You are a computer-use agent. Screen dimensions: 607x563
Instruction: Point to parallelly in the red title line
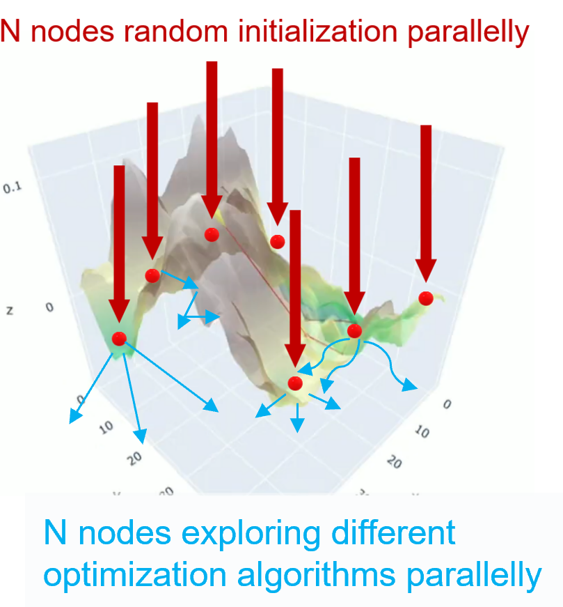tap(463, 32)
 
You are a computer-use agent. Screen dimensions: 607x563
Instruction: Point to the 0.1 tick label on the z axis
tap(13, 187)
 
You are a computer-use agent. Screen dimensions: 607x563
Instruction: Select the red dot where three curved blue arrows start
tap(354, 330)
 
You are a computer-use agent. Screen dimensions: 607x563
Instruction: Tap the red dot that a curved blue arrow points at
tap(295, 383)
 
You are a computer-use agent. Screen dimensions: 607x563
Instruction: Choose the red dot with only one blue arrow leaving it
tap(153, 275)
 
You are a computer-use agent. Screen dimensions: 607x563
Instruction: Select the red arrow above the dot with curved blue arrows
tap(354, 237)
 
